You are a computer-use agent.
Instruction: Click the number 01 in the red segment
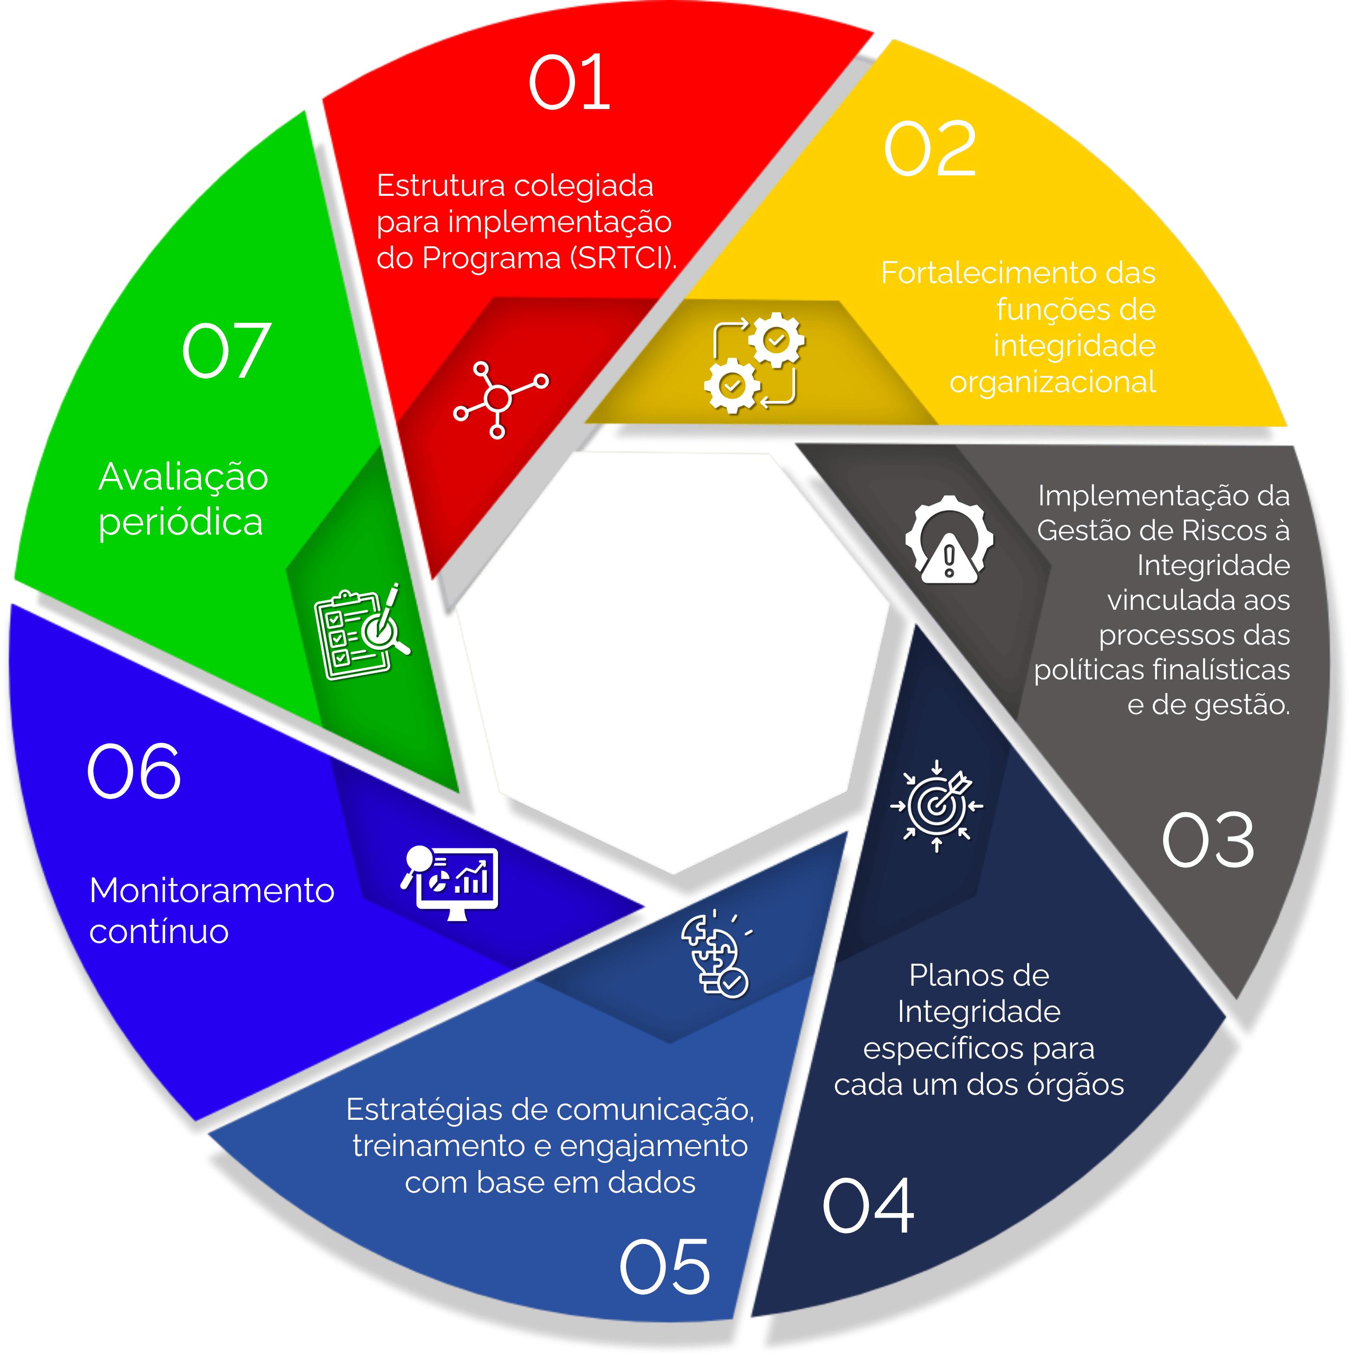569,83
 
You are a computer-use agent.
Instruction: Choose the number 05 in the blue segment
665,1267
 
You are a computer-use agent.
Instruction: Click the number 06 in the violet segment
134,771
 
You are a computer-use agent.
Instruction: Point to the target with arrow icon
937,806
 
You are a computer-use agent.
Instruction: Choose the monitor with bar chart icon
450,882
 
